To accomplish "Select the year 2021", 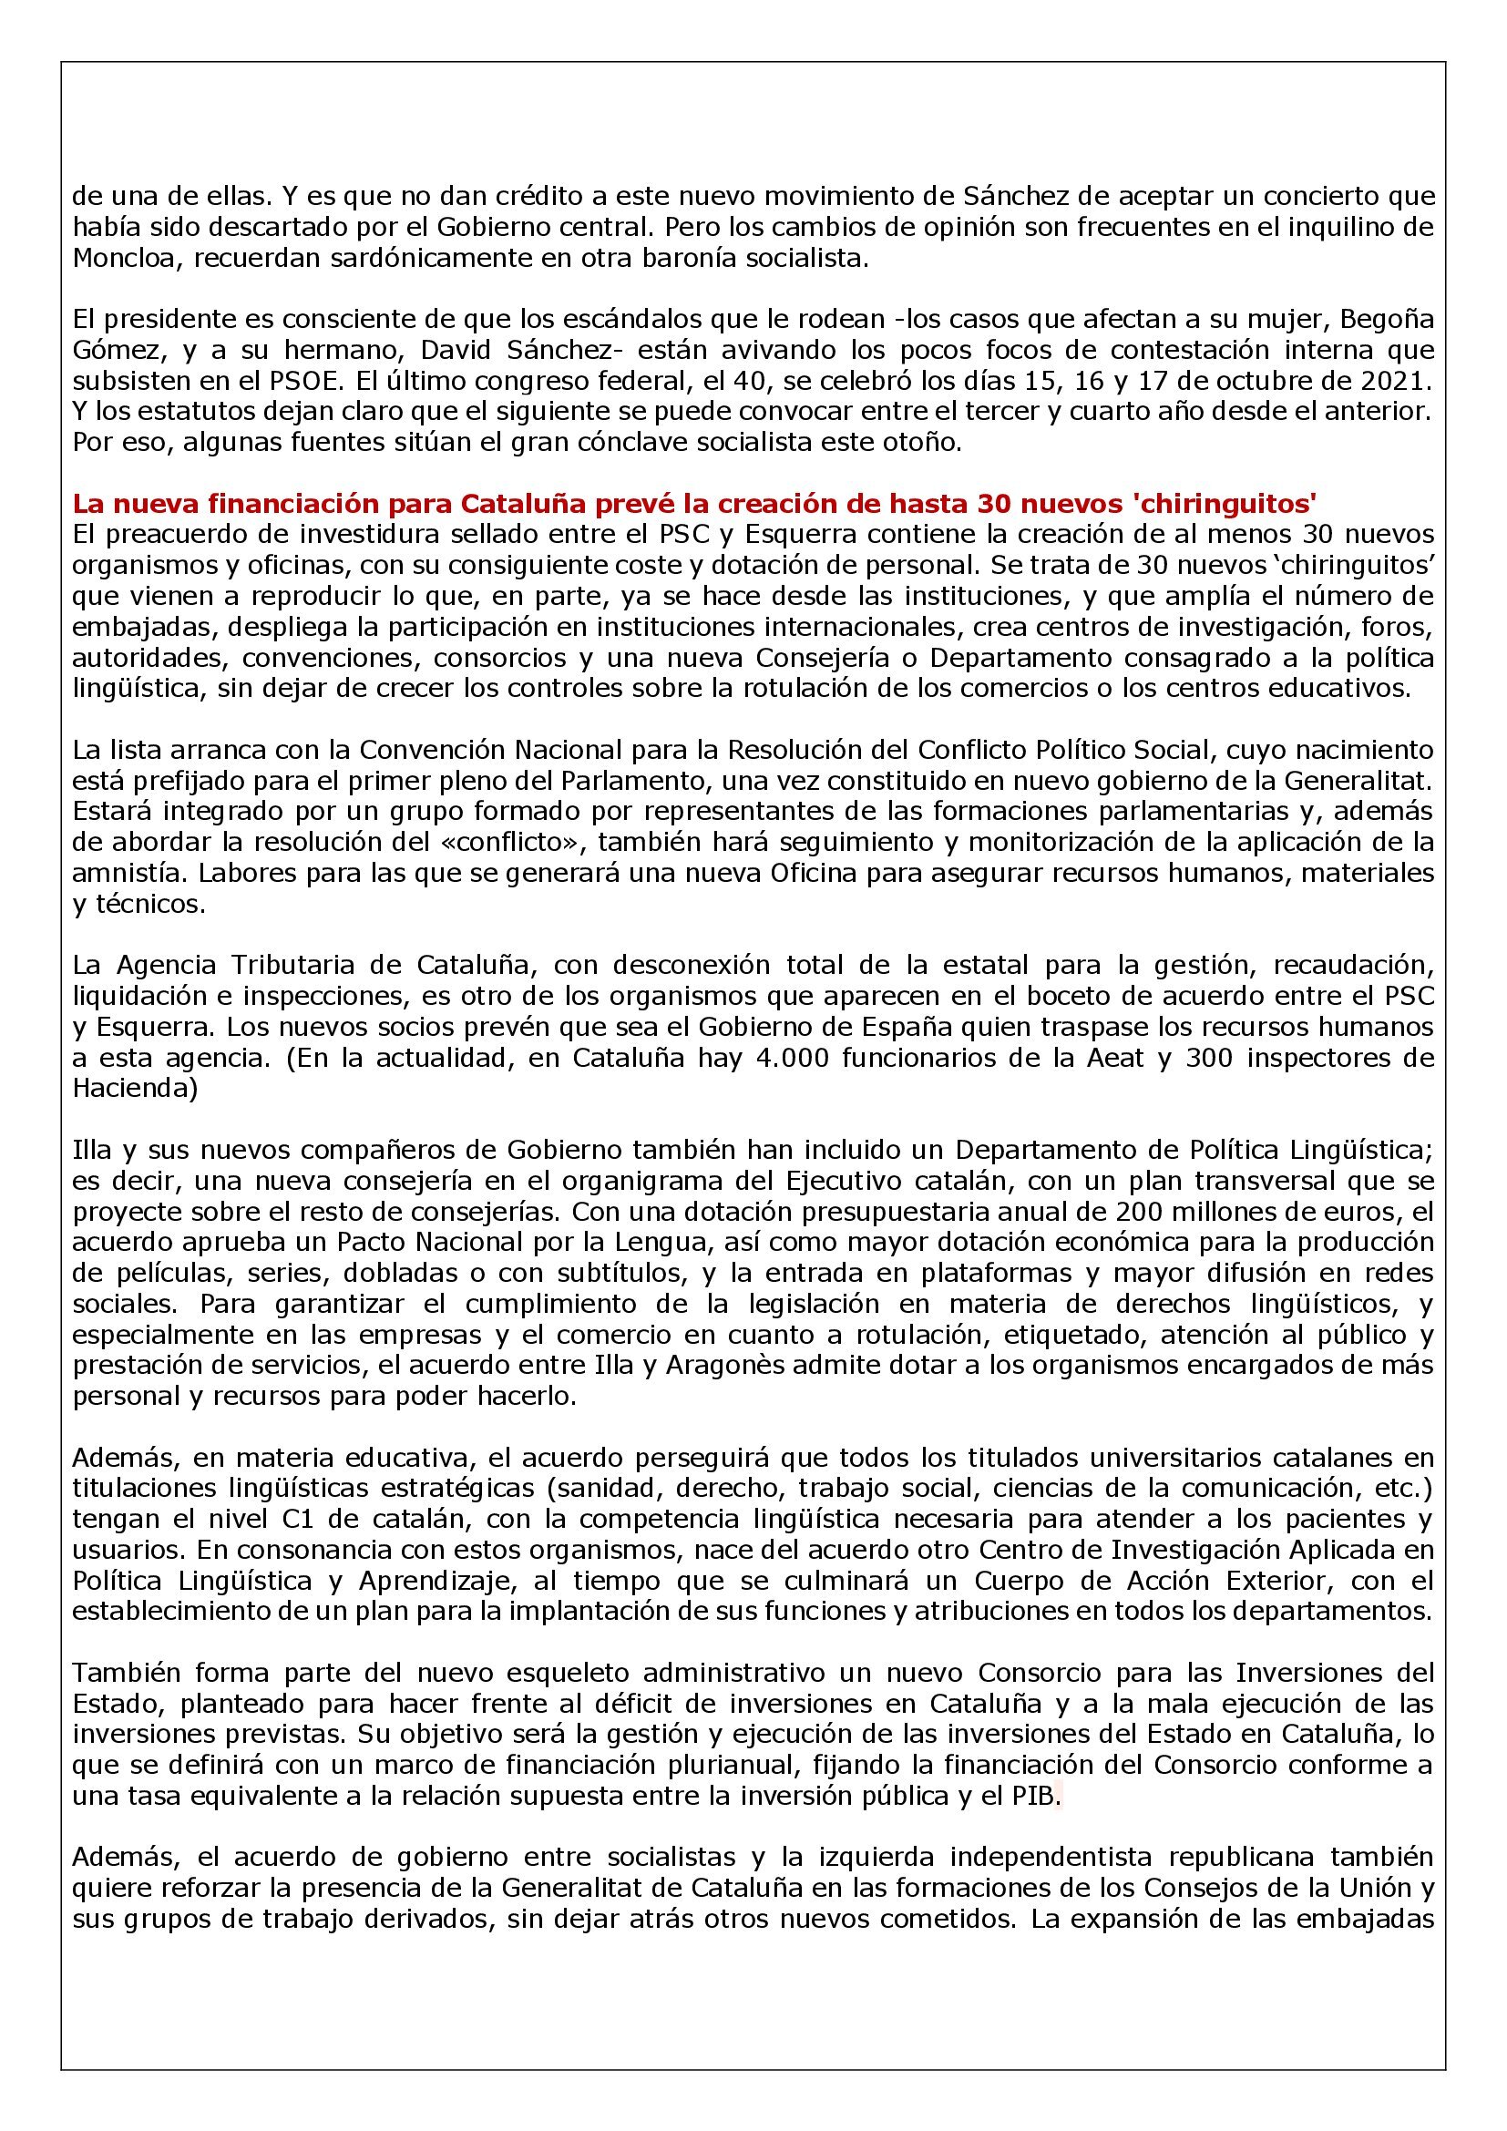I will pyautogui.click(x=1400, y=381).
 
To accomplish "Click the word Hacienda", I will pyautogui.click(x=135, y=1089).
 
